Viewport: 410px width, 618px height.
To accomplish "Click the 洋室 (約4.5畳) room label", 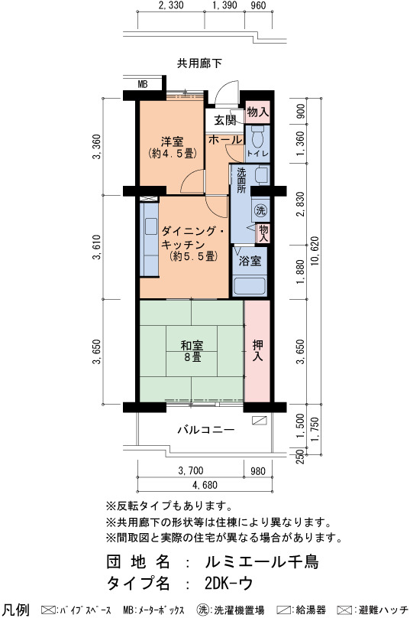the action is (x=173, y=147).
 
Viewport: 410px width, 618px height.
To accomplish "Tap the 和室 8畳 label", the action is (x=192, y=352).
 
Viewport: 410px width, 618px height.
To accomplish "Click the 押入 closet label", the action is (x=258, y=351).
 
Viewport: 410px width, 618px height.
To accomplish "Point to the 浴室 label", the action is (x=250, y=261).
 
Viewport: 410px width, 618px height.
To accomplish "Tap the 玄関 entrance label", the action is (x=225, y=120).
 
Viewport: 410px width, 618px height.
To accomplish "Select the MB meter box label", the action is (x=143, y=84).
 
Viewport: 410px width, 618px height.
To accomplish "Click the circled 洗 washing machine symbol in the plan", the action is (x=260, y=210).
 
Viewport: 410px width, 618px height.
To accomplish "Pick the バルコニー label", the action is (x=206, y=430).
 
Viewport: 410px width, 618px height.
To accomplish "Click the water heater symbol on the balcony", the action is (x=260, y=420).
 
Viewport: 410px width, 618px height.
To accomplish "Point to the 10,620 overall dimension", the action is (x=315, y=251).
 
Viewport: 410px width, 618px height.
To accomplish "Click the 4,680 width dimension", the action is (x=205, y=485).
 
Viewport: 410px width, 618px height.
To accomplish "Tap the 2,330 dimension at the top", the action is (x=171, y=5).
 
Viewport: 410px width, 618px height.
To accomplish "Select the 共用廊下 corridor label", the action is (x=199, y=63).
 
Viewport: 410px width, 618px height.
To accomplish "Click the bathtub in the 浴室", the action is (x=250, y=287).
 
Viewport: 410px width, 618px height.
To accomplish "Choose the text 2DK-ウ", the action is (x=228, y=583).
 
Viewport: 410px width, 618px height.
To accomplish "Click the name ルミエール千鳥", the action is (x=262, y=561).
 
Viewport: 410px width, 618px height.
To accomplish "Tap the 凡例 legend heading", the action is (x=15, y=610).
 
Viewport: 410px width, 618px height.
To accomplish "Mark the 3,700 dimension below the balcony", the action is (x=191, y=470).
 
